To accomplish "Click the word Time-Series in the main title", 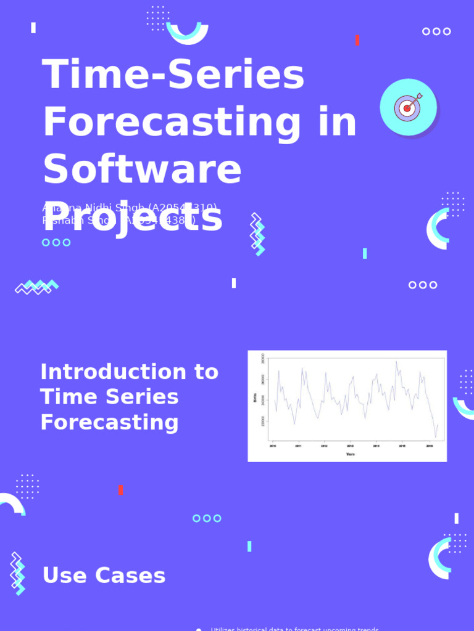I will (173, 76).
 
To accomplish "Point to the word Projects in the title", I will (132, 217).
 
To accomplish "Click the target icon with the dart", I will (408, 107).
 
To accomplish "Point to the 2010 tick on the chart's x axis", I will (273, 446).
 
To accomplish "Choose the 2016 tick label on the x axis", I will (430, 446).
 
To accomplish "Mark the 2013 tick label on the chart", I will (351, 446).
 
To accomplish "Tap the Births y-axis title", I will (255, 399).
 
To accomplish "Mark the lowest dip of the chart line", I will (435, 438).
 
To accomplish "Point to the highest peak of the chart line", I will (396, 362).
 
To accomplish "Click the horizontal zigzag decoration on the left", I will (36, 287).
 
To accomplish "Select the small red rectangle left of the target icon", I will (357, 40).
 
